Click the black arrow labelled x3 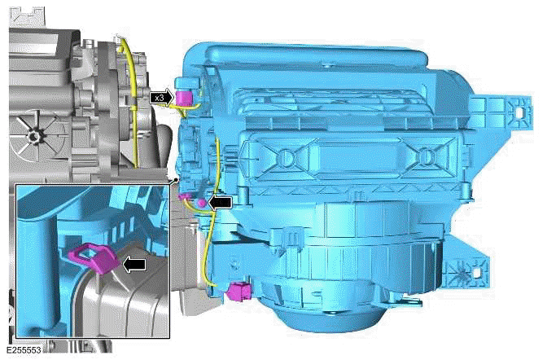click(161, 98)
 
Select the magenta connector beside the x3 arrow click(183, 97)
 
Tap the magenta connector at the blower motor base click(239, 292)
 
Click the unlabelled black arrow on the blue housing click(220, 203)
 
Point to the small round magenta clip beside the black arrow click(201, 202)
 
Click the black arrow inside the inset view click(134, 265)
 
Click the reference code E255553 click(24, 350)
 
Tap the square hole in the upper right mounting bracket click(519, 112)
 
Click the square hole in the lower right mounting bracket click(476, 272)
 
